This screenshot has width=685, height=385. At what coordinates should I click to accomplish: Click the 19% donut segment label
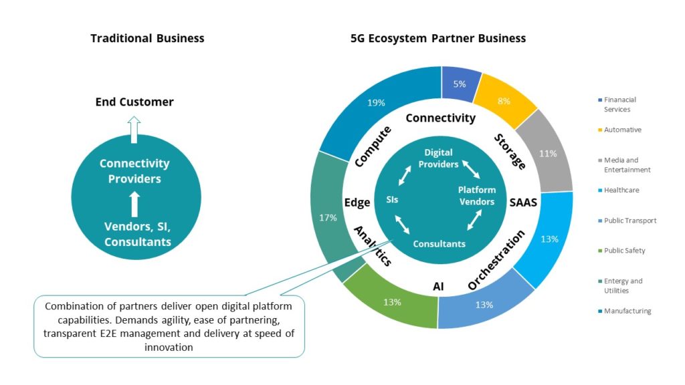click(x=376, y=102)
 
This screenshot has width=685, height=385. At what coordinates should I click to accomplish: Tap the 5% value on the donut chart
click(x=460, y=84)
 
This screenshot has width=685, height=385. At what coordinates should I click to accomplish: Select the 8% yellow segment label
click(x=504, y=102)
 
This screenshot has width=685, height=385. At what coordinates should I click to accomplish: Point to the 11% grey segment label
click(x=548, y=153)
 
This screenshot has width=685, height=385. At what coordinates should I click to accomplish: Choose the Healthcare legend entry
click(x=621, y=190)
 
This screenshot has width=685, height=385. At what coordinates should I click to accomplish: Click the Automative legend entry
click(x=622, y=130)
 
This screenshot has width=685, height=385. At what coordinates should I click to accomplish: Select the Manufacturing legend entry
click(x=627, y=311)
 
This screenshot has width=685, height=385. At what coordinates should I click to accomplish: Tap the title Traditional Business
click(x=147, y=38)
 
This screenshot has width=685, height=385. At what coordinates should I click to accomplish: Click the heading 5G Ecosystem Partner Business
click(x=438, y=38)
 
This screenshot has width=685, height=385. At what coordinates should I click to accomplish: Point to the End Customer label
click(x=134, y=102)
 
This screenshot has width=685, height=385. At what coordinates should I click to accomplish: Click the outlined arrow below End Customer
click(x=134, y=129)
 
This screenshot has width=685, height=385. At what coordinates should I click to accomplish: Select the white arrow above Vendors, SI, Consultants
click(x=134, y=203)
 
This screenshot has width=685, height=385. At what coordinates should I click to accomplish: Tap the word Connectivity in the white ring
click(x=440, y=118)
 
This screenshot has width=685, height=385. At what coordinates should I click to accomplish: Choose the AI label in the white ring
click(x=438, y=285)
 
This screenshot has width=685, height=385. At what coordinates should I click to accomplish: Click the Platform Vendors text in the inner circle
click(x=476, y=196)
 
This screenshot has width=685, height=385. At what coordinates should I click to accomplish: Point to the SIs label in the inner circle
click(x=393, y=199)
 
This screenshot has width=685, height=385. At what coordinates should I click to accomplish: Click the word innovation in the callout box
click(x=169, y=348)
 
